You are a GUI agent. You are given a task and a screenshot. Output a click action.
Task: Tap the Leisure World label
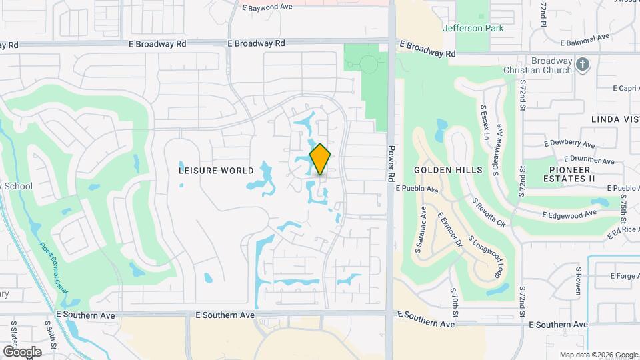[x=216, y=171]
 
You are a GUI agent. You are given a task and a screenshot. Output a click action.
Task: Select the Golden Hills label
[x=448, y=170]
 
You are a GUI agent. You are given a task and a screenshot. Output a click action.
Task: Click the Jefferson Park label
[x=473, y=28]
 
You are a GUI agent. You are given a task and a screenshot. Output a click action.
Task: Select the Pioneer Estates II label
[x=569, y=174]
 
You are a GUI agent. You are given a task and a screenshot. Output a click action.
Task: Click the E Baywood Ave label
[x=269, y=7]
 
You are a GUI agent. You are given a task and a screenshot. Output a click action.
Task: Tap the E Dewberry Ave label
[x=569, y=143]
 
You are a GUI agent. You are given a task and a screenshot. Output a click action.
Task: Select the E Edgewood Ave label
[x=569, y=215]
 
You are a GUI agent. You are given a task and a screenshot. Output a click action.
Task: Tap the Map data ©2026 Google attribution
[x=599, y=355]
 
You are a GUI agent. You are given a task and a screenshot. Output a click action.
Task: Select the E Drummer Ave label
[x=589, y=160]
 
